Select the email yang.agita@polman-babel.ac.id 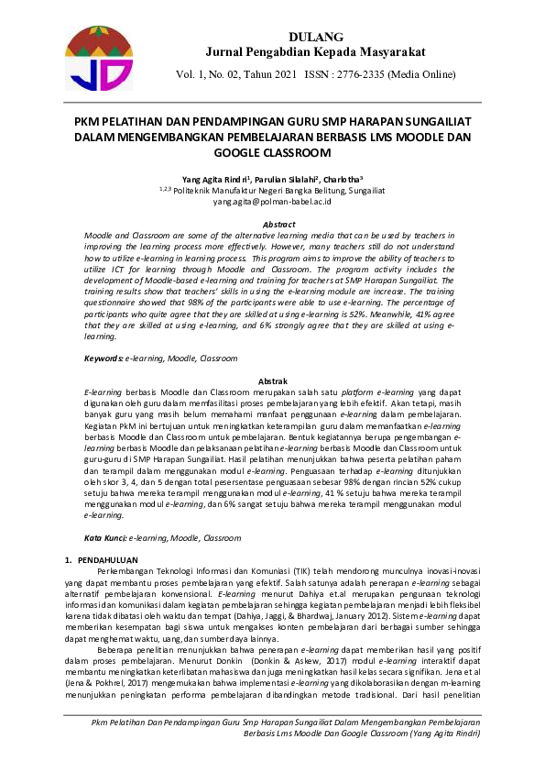(x=272, y=201)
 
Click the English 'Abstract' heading (x=279, y=225)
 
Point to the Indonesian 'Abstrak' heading (x=274, y=380)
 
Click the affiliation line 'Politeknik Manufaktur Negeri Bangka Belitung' (x=274, y=191)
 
